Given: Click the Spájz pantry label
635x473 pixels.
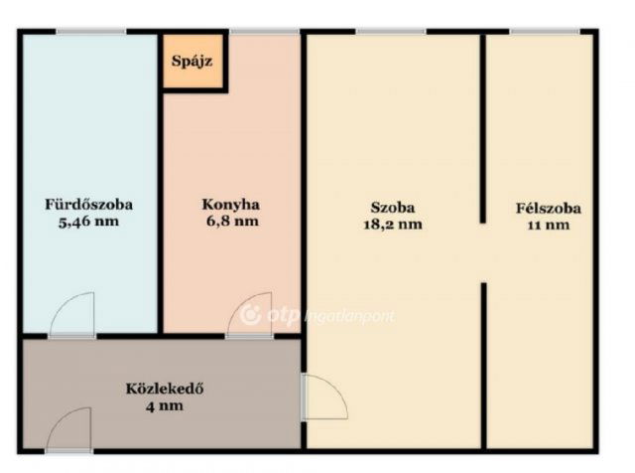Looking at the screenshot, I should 191,63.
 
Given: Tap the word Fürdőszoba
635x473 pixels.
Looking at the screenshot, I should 88,206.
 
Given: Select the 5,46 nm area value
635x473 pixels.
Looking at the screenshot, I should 88,222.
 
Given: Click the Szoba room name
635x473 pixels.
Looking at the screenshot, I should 393,208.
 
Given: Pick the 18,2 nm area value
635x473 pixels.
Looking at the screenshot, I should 393,225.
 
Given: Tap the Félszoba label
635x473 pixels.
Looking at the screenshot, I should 548,209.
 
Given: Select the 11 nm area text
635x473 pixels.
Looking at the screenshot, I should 548,225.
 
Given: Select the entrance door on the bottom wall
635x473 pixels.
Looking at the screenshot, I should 67,433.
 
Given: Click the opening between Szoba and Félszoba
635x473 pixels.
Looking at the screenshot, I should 484,252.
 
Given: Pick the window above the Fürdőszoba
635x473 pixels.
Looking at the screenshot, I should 90,32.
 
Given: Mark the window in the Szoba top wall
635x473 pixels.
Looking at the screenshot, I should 391,32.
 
